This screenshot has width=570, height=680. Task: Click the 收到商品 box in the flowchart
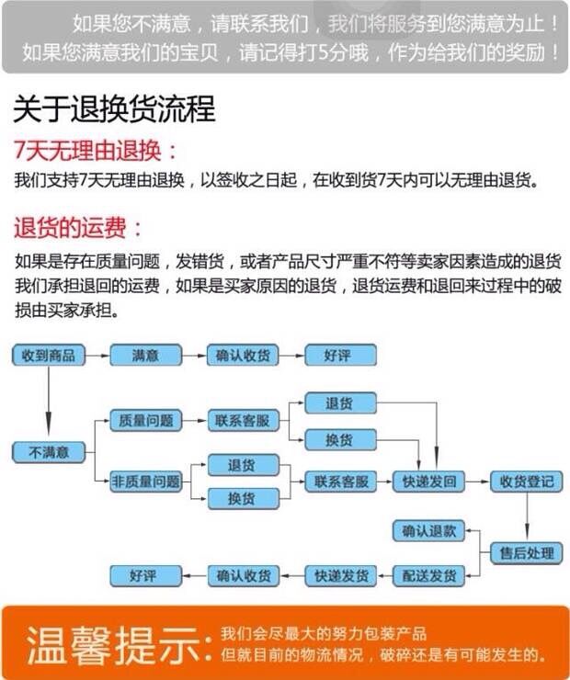[x=48, y=355]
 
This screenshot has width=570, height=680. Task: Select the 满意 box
[x=145, y=355]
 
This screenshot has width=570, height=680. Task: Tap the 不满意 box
[x=48, y=451]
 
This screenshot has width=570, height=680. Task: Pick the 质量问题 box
[x=145, y=420]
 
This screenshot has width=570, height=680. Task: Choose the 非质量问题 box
[x=145, y=481]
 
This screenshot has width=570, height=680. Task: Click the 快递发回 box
[x=428, y=481]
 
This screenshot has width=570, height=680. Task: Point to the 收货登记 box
[x=527, y=481]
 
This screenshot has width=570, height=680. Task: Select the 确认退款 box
[x=428, y=530]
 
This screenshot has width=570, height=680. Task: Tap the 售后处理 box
[x=527, y=552]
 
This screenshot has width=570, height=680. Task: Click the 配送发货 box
[x=428, y=576]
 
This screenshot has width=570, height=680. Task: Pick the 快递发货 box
[x=341, y=576]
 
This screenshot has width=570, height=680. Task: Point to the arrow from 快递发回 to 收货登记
[x=477, y=481]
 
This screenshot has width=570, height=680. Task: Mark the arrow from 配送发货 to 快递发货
[x=384, y=576]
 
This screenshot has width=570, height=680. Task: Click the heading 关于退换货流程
[x=114, y=110]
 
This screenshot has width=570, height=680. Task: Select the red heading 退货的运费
[x=78, y=227]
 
